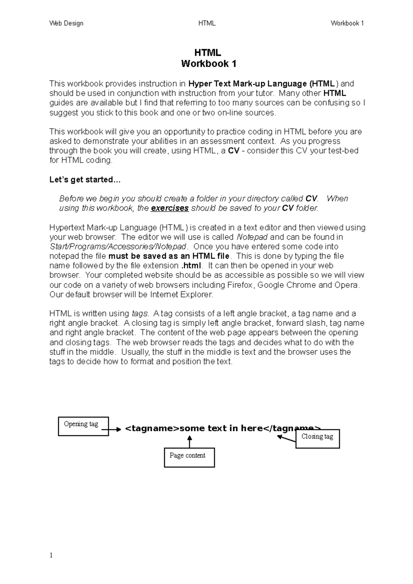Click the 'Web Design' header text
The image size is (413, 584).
(x=66, y=23)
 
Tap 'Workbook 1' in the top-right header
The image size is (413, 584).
(x=347, y=23)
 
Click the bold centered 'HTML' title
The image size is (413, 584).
(x=208, y=53)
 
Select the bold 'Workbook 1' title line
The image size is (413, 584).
(x=209, y=64)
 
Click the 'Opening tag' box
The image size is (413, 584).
(x=83, y=426)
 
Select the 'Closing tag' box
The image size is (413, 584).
(x=317, y=439)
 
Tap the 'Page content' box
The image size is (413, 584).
(x=189, y=457)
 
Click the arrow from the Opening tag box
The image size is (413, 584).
(x=112, y=429)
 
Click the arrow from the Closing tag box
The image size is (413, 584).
(x=286, y=438)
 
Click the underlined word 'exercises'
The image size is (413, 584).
(x=170, y=208)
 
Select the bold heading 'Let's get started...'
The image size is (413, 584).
(x=85, y=180)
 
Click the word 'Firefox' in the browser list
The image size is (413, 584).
(x=240, y=285)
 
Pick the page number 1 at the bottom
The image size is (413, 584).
(x=51, y=555)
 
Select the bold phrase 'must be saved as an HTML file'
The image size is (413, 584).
(x=169, y=256)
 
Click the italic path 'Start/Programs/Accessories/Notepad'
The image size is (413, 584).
(x=118, y=247)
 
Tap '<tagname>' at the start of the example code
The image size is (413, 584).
(x=152, y=428)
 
